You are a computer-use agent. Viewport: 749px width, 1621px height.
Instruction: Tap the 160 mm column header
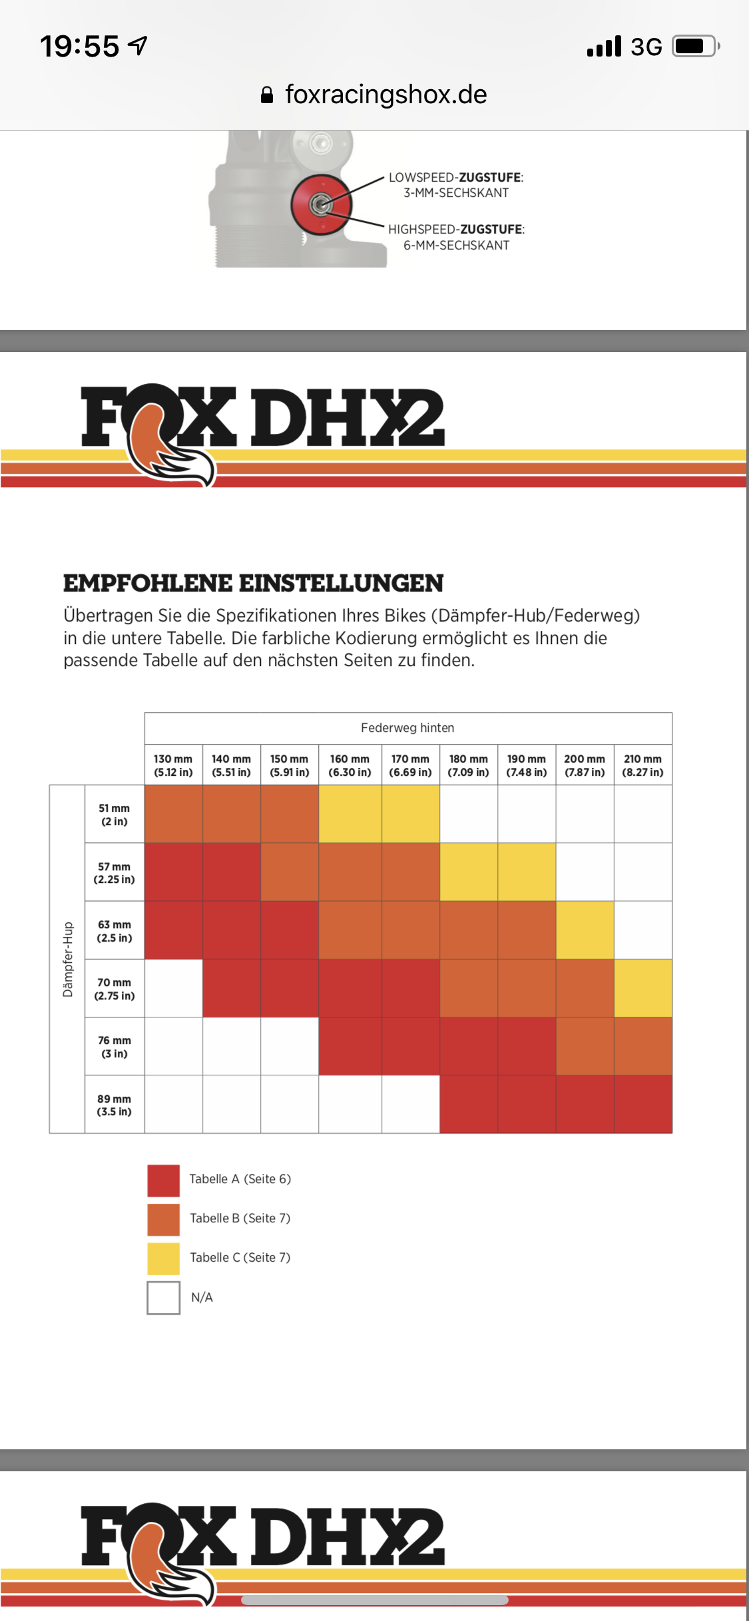tap(350, 765)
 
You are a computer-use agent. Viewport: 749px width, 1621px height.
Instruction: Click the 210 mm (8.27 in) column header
tap(642, 765)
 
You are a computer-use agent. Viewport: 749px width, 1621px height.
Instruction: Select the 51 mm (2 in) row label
tap(114, 814)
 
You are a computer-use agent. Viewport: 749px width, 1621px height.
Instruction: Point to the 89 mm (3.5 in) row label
tap(114, 1105)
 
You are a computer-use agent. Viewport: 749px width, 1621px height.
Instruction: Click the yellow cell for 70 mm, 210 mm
tap(642, 988)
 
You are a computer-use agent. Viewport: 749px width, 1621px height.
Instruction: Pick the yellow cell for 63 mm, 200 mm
tap(585, 930)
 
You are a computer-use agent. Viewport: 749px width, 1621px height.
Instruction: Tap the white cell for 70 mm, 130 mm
tap(173, 988)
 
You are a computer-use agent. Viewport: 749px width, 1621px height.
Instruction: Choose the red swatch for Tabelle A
tap(163, 1180)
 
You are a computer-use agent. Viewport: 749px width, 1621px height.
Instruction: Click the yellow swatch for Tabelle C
tap(163, 1258)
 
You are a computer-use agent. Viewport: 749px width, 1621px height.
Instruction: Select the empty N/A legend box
tap(163, 1298)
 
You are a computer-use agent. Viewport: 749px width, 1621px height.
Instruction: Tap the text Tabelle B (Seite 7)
tap(240, 1218)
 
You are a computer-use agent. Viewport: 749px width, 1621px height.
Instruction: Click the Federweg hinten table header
tap(407, 728)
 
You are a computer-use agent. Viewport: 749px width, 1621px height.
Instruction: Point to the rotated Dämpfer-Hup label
tap(67, 959)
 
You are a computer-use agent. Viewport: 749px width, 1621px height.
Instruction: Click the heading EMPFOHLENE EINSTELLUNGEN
tap(253, 584)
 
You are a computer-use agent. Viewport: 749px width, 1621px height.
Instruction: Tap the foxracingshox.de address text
tap(385, 94)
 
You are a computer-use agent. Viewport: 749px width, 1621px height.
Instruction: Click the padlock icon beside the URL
tap(267, 95)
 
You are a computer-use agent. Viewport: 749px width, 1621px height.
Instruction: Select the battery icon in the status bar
tap(694, 46)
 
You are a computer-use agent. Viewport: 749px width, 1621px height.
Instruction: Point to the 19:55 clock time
tap(80, 47)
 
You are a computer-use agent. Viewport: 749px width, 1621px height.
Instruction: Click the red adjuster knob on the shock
tap(321, 204)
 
